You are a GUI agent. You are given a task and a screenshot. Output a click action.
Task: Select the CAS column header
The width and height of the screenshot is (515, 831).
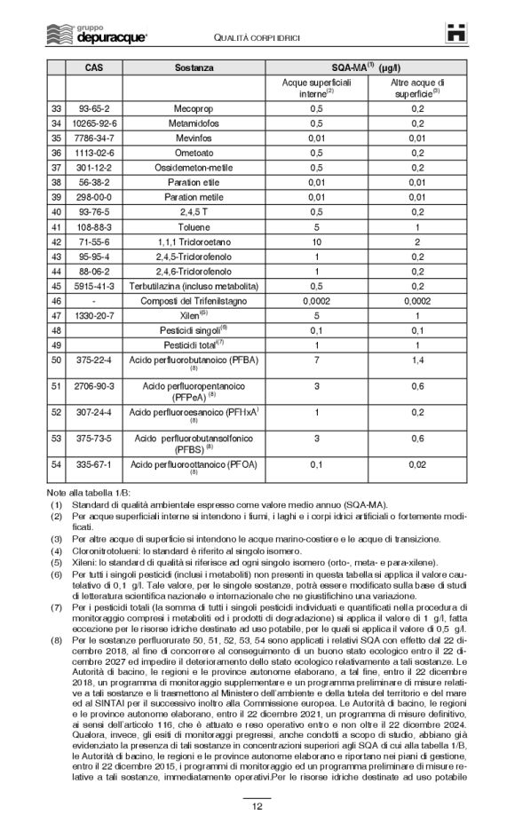[92, 67]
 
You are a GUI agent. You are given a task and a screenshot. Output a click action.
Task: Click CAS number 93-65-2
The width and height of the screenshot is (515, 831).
[92, 107]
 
